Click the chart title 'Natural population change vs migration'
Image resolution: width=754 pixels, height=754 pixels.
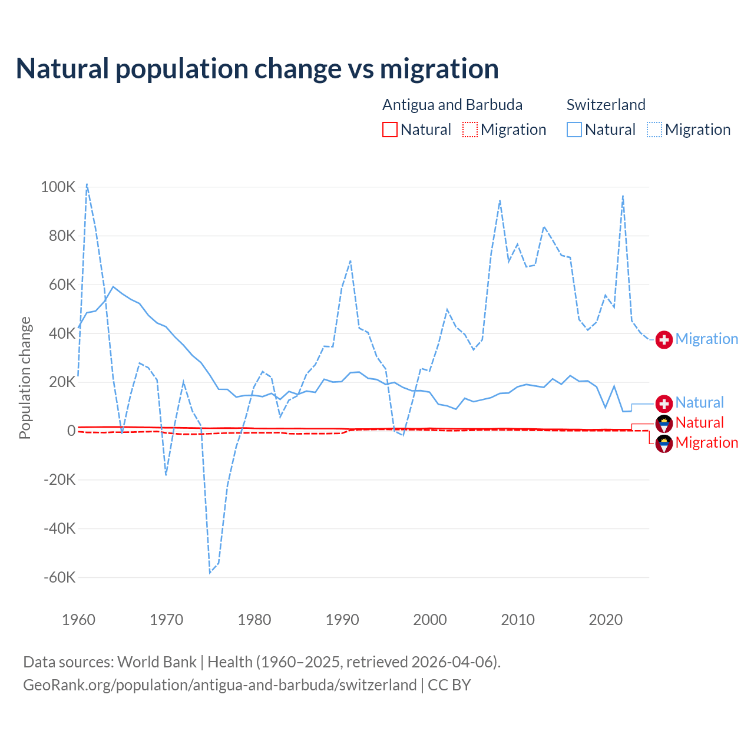(257, 69)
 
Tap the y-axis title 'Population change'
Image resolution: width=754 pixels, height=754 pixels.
(25, 378)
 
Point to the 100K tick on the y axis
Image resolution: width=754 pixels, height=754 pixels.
(58, 187)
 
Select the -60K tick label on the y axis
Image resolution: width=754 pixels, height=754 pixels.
(59, 577)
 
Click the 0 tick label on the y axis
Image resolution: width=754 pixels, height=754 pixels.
(71, 431)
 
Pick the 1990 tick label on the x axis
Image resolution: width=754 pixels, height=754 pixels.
(342, 620)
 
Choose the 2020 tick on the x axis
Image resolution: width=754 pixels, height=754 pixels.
(606, 620)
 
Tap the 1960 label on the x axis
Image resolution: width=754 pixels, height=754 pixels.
(78, 620)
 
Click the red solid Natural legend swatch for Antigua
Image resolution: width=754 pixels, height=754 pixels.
(390, 130)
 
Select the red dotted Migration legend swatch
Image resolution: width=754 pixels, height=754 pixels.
(470, 130)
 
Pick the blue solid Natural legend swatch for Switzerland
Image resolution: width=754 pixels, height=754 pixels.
(574, 130)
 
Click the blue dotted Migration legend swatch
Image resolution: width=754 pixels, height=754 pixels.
(654, 130)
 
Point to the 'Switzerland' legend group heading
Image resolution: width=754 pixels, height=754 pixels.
(606, 105)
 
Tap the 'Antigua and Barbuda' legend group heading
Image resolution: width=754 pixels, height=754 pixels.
(452, 105)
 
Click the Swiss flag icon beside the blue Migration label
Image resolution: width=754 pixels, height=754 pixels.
(664, 339)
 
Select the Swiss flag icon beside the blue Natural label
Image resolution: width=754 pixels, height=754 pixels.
(664, 404)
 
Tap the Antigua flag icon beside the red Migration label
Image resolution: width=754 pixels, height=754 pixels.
(664, 443)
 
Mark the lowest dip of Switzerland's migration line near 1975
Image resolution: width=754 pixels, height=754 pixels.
(210, 573)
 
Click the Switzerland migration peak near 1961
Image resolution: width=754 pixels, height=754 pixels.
(87, 184)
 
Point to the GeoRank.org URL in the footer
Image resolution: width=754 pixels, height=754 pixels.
(220, 685)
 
